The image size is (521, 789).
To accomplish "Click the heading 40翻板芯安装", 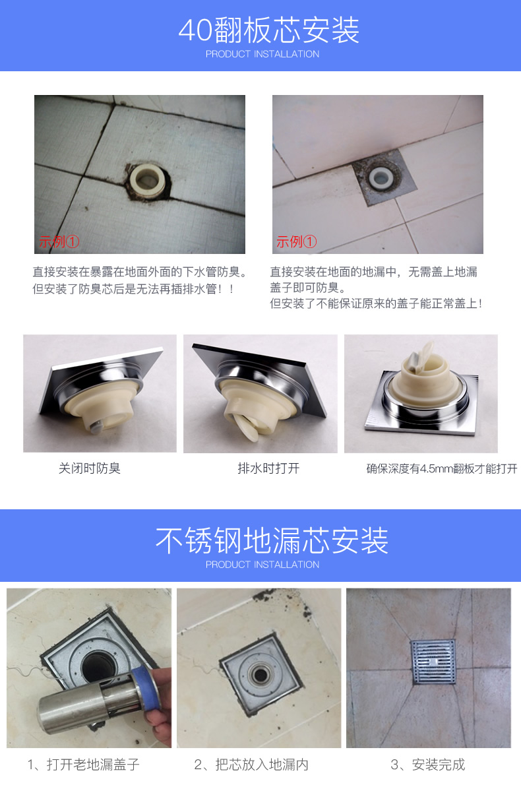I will (269, 30).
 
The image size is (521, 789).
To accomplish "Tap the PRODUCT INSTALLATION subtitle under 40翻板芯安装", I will (262, 54).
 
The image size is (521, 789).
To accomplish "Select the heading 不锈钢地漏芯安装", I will (272, 540).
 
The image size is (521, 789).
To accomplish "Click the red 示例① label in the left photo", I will (59, 241).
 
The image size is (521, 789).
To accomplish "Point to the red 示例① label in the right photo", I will (296, 241).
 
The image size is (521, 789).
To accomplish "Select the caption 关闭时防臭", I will (90, 468).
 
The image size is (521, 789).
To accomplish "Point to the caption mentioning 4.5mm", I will (442, 469).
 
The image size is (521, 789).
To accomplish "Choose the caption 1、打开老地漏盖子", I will (84, 765).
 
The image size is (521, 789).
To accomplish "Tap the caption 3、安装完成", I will (427, 765).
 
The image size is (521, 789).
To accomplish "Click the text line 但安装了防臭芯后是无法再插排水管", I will (134, 289).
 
